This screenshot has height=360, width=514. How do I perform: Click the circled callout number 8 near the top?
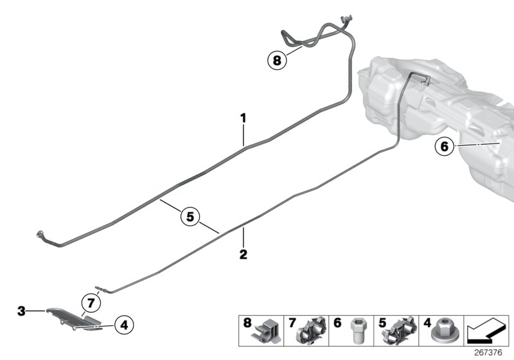[x=276, y=61]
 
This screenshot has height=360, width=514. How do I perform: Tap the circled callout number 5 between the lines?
[x=190, y=217]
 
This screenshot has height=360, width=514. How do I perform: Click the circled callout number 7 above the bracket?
[x=91, y=301]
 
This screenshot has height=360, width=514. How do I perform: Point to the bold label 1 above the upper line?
[x=244, y=118]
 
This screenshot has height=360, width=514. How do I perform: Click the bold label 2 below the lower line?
[x=244, y=254]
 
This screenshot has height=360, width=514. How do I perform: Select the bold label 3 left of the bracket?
[x=21, y=311]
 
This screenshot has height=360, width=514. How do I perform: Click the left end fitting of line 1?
[x=42, y=235]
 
